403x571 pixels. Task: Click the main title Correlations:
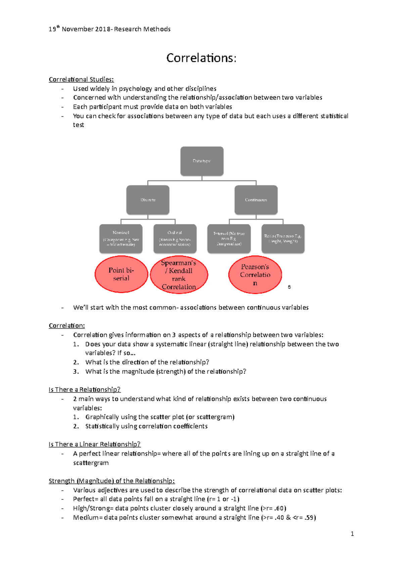click(x=201, y=58)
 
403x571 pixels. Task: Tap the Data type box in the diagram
click(x=202, y=161)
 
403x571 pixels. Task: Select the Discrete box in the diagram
click(x=148, y=200)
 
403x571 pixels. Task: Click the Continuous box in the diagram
click(x=256, y=200)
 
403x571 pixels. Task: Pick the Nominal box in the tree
click(x=121, y=239)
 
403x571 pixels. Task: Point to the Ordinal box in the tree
click(x=175, y=239)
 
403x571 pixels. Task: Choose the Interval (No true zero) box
click(x=229, y=239)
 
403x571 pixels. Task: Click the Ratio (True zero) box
click(x=283, y=239)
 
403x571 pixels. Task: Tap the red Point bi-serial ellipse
click(x=121, y=274)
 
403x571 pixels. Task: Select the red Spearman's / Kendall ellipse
click(x=179, y=275)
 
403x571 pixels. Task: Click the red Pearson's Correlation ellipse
click(x=255, y=275)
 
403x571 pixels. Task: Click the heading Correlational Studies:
click(x=81, y=79)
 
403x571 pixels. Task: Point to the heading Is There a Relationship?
click(x=84, y=389)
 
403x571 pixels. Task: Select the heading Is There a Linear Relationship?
click(x=94, y=444)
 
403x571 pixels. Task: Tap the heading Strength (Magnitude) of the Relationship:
click(x=112, y=481)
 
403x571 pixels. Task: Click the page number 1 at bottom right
click(x=352, y=534)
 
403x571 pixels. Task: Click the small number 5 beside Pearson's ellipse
click(x=289, y=287)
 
